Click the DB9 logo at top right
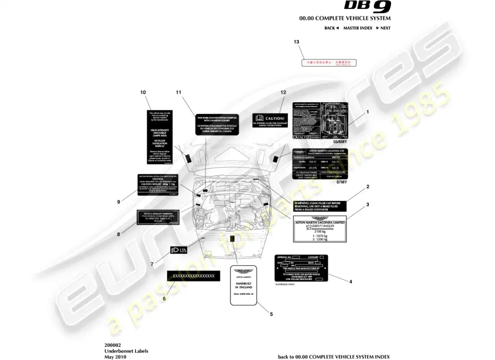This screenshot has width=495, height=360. pyautogui.click(x=368, y=6)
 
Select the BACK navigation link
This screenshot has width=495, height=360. pyautogui.click(x=332, y=28)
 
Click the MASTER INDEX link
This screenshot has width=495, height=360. pyautogui.click(x=358, y=28)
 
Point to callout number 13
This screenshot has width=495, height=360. pyautogui.click(x=296, y=42)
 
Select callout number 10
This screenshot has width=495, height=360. pyautogui.click(x=143, y=92)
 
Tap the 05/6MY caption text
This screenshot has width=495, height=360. pyautogui.click(x=341, y=141)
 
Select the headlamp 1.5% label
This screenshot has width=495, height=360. pyautogui.click(x=178, y=250)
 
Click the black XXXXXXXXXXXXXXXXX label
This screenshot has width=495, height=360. pyautogui.click(x=193, y=276)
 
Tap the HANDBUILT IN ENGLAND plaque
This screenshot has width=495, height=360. pyautogui.click(x=243, y=284)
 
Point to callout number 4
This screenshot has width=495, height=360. pyautogui.click(x=351, y=282)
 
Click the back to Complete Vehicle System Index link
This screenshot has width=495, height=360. pyautogui.click(x=334, y=356)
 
